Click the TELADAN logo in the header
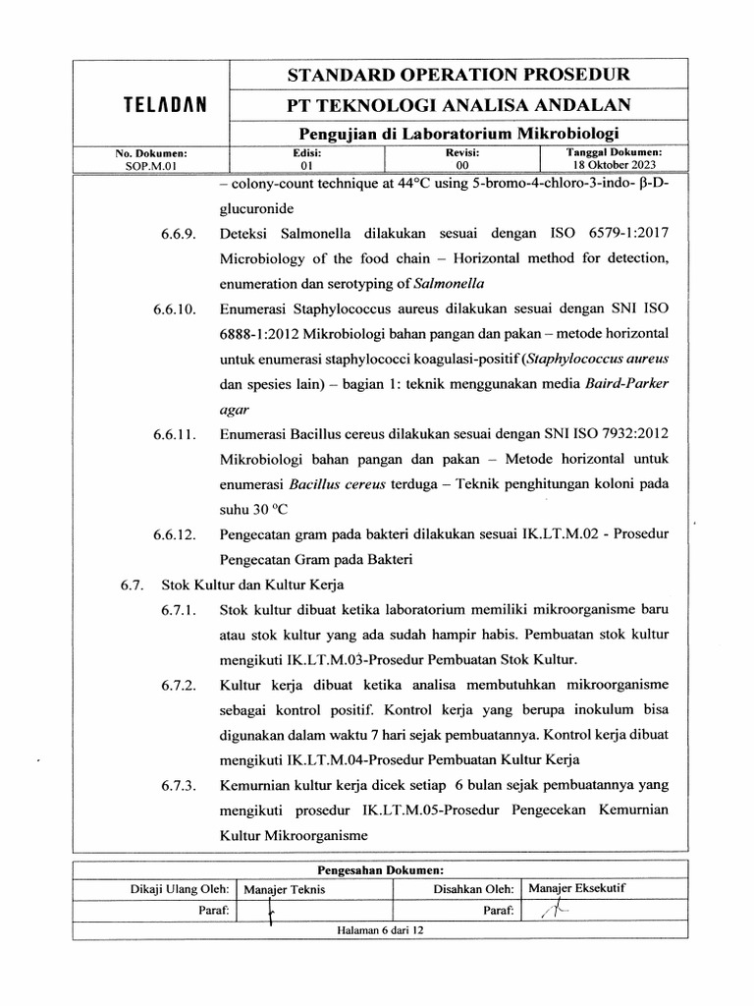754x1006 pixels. coord(151,104)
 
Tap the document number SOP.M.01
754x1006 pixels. coord(150,166)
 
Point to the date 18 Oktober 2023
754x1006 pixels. coord(615,166)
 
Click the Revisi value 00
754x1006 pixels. coord(450,166)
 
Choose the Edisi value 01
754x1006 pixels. coord(306,166)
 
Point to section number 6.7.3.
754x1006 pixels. coord(181,786)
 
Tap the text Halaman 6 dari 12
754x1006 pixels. coord(378,929)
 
